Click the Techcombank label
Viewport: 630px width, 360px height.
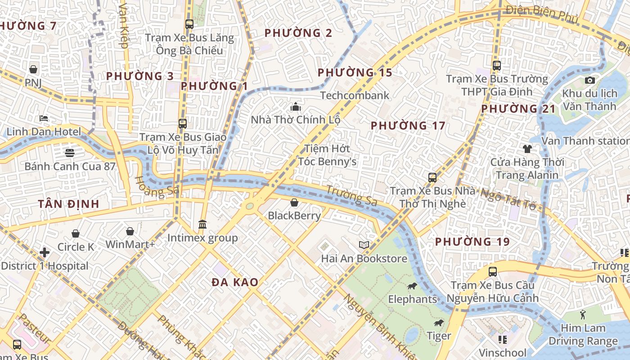[355, 95]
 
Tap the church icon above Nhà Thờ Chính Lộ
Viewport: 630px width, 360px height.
[296, 107]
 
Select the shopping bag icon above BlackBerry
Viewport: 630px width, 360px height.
[294, 202]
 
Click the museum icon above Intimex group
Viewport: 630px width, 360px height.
[202, 224]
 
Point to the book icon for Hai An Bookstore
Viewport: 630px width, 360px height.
[364, 245]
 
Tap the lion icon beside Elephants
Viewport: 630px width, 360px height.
[412, 286]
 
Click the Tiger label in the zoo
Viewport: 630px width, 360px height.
[439, 336]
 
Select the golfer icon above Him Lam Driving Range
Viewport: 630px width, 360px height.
[583, 315]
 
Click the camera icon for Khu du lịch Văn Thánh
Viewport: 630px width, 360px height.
[589, 81]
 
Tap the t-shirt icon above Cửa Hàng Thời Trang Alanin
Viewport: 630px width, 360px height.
[527, 148]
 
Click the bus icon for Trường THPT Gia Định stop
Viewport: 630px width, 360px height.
[497, 66]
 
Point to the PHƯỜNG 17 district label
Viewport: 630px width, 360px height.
[408, 126]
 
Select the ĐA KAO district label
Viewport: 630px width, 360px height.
[235, 283]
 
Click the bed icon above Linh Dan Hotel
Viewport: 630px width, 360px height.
[44, 119]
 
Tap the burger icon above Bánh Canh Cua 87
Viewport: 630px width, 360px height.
[69, 153]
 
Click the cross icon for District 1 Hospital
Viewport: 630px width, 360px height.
[45, 252]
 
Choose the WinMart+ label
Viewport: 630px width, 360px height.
[130, 244]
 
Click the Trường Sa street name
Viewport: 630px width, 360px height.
[351, 196]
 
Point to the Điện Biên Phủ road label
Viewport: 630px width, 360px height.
[542, 13]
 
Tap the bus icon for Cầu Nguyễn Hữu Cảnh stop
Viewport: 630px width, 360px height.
[493, 272]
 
